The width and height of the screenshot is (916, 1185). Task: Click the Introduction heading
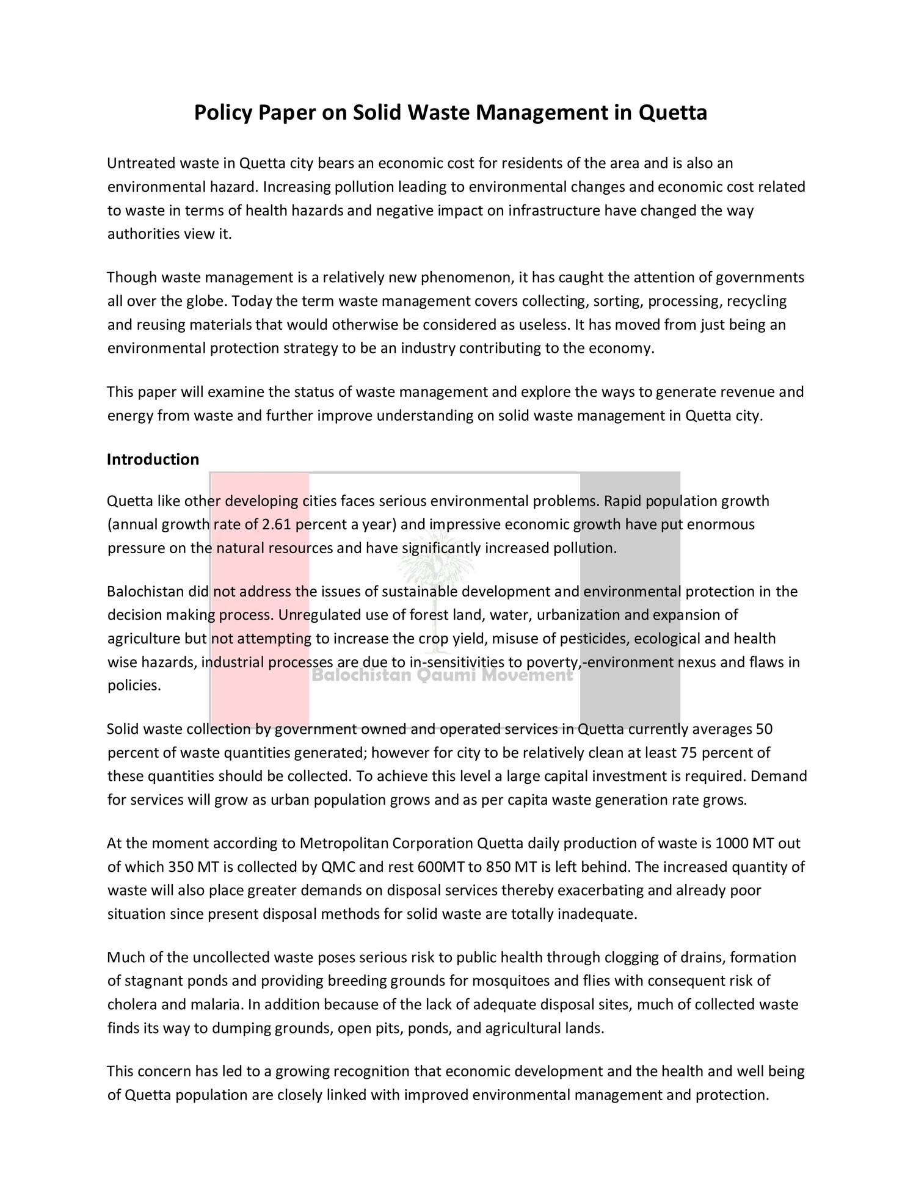pyautogui.click(x=153, y=459)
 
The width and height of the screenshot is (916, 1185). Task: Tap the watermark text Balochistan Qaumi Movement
pyautogui.click(x=443, y=675)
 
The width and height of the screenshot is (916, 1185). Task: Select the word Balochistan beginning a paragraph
pyautogui.click(x=145, y=592)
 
